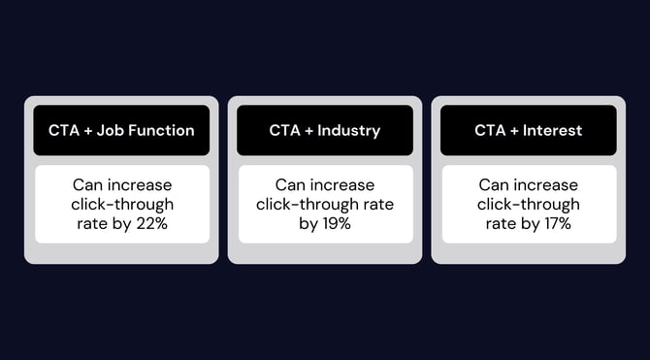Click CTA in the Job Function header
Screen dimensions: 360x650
tap(64, 130)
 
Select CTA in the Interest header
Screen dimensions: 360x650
tap(490, 130)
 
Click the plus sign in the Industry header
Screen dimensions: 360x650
tap(308, 130)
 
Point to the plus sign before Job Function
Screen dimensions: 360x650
tap(89, 130)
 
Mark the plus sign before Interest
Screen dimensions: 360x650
tap(514, 130)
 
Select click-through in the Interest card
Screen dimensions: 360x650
tap(529, 205)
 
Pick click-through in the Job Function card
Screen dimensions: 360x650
tap(121, 205)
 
